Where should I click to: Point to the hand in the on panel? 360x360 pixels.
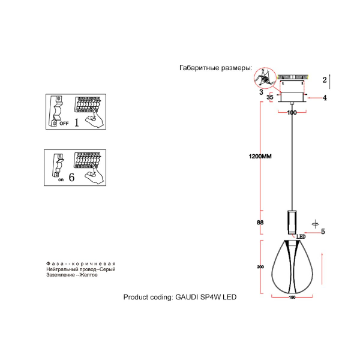[93, 176]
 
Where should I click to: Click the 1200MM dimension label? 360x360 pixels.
[260, 157]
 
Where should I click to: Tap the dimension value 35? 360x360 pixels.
[269, 97]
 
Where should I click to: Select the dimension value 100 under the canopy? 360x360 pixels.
[292, 112]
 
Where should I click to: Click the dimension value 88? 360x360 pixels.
[260, 223]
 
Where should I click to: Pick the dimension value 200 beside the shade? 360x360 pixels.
[260, 266]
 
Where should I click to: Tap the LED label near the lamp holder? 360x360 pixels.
[301, 237]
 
